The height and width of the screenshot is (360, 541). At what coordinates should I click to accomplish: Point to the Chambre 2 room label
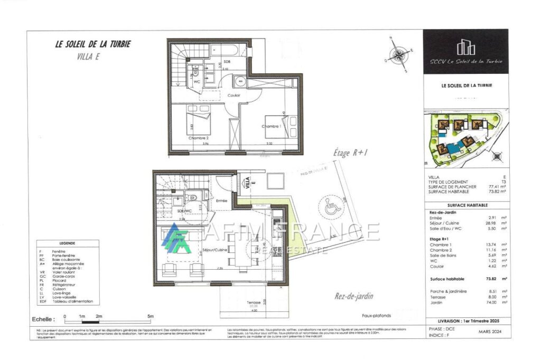(198, 138)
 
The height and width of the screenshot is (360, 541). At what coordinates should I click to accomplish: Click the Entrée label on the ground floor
(222, 201)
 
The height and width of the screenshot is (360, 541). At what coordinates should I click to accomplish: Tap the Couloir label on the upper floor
(234, 95)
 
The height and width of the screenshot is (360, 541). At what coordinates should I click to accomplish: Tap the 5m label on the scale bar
(151, 316)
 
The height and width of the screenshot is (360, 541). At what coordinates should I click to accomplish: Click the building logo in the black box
(465, 47)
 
